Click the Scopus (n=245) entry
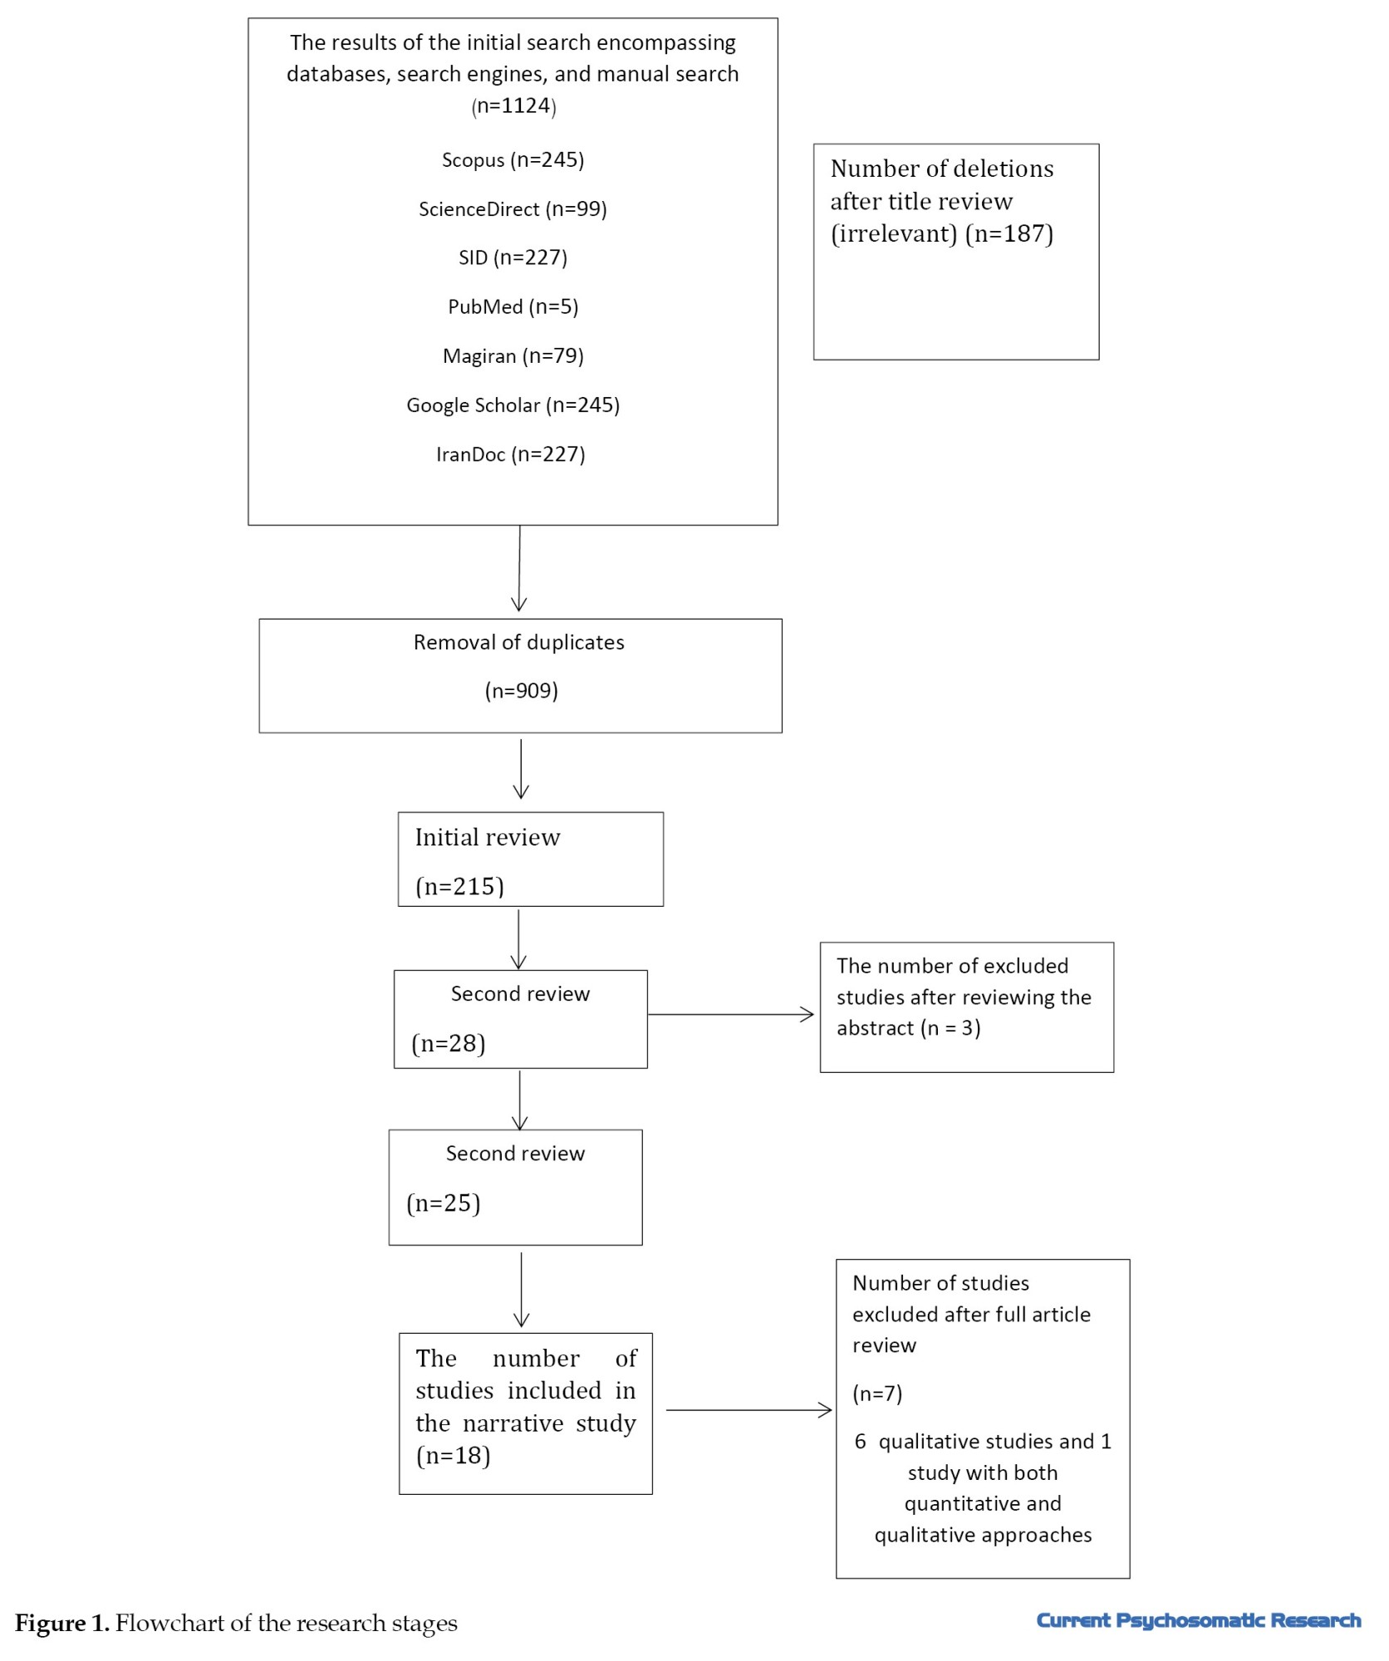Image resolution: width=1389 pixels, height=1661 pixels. point(513,160)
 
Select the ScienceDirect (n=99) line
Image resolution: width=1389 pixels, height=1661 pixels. point(513,209)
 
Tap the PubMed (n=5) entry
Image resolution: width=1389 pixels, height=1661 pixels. point(513,307)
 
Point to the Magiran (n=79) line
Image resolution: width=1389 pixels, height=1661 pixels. point(513,356)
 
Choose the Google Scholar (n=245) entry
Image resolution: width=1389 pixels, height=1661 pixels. point(513,405)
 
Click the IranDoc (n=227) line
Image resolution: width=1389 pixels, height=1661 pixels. point(511,454)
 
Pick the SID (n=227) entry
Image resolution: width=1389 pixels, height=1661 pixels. point(513,258)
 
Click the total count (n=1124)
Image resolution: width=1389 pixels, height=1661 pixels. point(513,106)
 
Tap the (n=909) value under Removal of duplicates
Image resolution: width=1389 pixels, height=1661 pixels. point(521,691)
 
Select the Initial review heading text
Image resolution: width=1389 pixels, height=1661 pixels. point(488,837)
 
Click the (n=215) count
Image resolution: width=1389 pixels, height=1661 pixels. point(459,887)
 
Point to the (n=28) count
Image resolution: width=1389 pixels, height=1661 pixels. point(448,1044)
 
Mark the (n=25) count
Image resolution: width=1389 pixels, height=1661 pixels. point(443,1203)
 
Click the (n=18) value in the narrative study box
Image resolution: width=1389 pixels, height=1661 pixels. point(453,1455)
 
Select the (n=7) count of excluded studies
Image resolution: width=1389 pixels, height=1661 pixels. point(877,1394)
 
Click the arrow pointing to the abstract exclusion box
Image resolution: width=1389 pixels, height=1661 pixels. point(730,1014)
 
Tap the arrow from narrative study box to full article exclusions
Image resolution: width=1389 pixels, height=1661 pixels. point(748,1409)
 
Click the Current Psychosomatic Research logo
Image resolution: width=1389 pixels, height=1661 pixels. point(1199,1620)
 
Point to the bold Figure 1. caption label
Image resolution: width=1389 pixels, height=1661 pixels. point(62,1623)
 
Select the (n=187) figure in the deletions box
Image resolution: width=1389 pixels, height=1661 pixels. point(1009,234)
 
